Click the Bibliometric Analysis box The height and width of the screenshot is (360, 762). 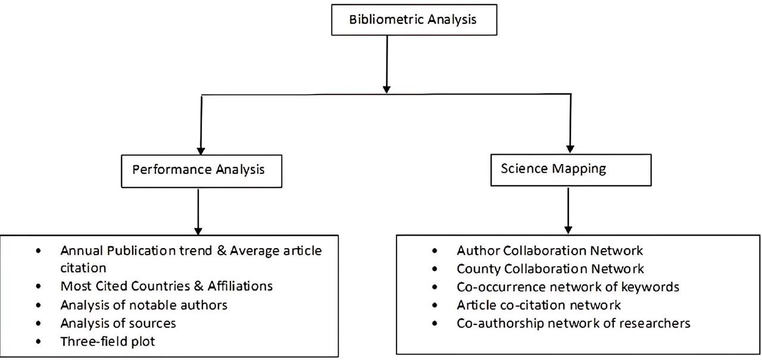(413, 20)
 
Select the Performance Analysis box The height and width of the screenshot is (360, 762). (198, 170)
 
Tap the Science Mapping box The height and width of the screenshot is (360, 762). (554, 168)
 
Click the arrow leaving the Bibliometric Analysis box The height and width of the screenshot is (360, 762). (387, 62)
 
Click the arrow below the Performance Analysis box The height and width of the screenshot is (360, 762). (198, 211)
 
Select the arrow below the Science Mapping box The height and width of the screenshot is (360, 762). (569, 211)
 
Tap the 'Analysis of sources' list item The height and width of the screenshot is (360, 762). (118, 324)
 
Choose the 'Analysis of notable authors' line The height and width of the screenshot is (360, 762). (143, 305)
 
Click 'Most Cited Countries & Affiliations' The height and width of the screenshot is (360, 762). (166, 286)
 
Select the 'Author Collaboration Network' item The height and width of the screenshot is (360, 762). (549, 251)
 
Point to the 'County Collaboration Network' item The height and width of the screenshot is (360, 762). (550, 269)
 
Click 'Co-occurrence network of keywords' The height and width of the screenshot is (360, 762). (568, 287)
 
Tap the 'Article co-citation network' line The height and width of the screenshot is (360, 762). (539, 305)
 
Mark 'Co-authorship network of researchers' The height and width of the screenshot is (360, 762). (573, 324)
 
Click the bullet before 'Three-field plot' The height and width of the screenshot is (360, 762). (39, 343)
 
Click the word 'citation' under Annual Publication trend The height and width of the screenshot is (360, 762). (83, 268)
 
